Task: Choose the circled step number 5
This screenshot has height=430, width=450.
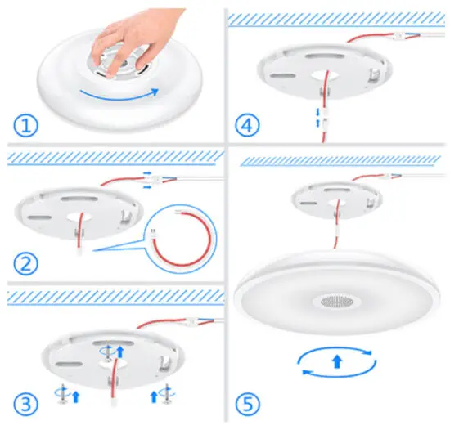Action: coord(249,403)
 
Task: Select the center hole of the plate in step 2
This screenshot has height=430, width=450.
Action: coord(83,217)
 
